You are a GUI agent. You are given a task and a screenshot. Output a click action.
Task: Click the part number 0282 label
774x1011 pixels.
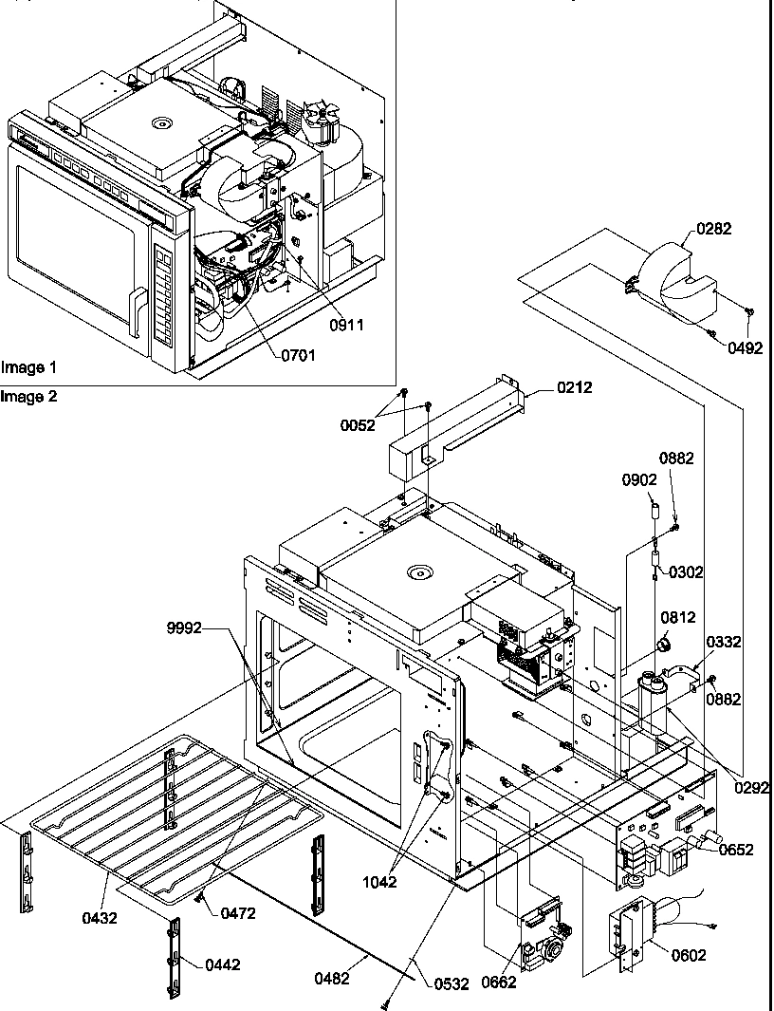(x=713, y=229)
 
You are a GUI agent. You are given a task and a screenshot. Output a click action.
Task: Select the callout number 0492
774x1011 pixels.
(x=746, y=347)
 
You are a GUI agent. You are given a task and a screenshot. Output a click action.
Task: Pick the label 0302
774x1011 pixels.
(x=686, y=571)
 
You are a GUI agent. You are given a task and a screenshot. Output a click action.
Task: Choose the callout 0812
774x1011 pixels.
(x=679, y=618)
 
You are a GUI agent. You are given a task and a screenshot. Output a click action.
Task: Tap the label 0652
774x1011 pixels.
(x=736, y=850)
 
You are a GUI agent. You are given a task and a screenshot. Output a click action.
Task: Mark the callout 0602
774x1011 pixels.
(x=689, y=955)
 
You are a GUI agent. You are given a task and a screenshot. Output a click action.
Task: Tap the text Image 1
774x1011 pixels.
(x=28, y=366)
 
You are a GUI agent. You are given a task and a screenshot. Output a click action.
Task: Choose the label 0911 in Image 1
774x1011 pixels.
(x=345, y=324)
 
